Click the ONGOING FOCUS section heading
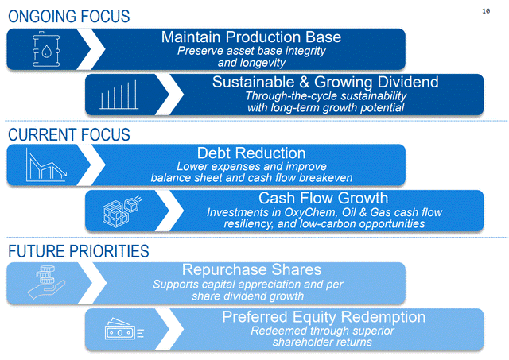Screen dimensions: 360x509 pos(68,17)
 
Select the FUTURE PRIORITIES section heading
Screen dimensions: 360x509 pos(78,251)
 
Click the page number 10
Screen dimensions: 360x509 pos(487,11)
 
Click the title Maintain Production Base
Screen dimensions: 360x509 pos(251,37)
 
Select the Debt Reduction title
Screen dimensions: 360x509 pos(251,153)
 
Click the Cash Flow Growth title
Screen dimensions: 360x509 pos(323,198)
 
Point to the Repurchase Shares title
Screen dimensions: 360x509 pos(251,270)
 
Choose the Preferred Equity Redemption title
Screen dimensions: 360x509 pos(323,316)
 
